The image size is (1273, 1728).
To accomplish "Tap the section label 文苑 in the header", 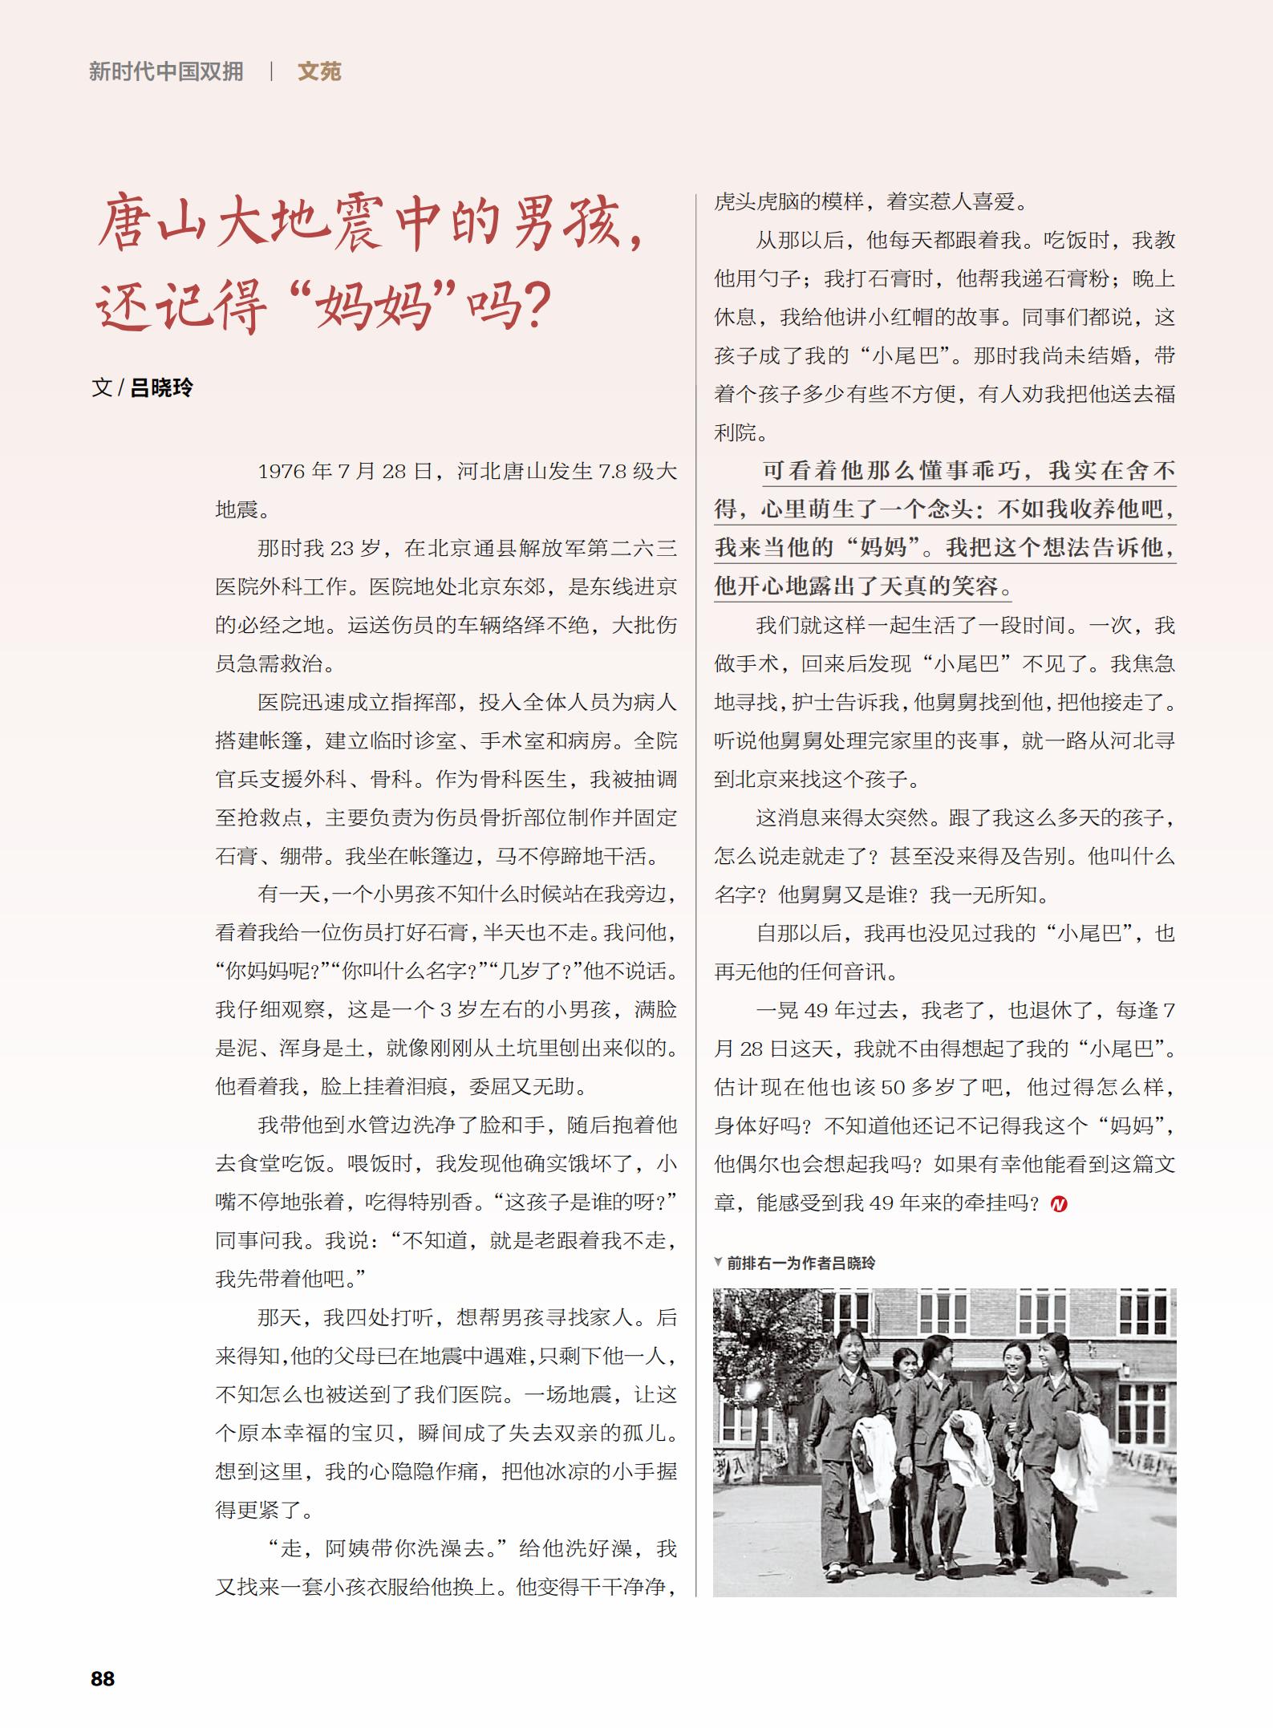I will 319,71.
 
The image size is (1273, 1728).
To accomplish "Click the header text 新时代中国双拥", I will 166,71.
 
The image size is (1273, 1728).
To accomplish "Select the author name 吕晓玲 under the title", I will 161,388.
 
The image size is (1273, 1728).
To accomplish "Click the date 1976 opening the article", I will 282,472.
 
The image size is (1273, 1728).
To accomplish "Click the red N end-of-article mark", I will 1059,1204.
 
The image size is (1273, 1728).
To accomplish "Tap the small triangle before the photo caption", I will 718,1262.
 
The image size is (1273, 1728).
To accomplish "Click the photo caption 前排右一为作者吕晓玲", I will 801,1263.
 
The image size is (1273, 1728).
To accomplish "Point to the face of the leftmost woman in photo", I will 849,1355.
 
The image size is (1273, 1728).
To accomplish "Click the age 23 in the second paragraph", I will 342,549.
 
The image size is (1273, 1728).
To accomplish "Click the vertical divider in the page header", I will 271,71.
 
